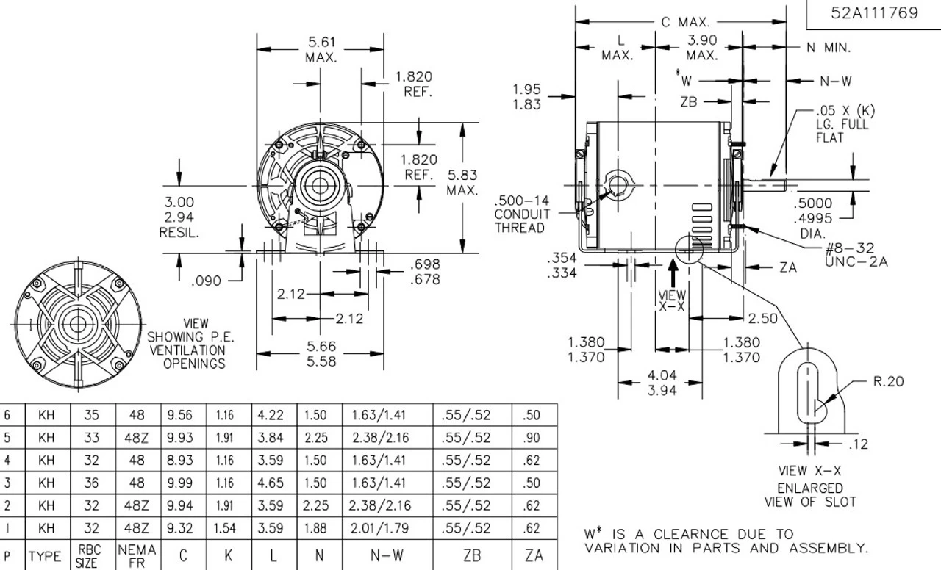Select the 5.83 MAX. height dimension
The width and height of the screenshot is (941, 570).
462,183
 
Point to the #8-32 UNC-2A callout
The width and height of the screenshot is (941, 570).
856,255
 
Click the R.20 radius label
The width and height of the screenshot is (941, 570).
888,381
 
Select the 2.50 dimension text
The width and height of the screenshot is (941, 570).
762,319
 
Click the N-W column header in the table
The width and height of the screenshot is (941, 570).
387,556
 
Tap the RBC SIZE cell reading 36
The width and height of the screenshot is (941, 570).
91,483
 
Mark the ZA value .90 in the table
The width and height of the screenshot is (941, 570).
533,438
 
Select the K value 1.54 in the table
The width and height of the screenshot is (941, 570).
225,528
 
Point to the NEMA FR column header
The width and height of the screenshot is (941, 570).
137,555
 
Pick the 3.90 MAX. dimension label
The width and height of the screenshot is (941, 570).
702,48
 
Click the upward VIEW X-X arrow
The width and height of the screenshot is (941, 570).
673,273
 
